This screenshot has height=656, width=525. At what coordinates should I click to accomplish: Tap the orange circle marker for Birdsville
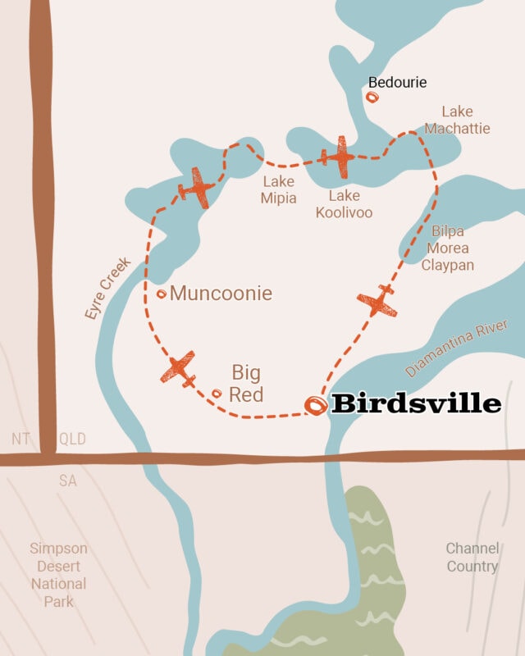(315, 405)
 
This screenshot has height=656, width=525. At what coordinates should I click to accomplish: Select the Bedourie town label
(397, 82)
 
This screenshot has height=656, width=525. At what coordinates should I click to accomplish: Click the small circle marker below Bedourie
(372, 98)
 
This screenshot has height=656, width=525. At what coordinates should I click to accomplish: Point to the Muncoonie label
(221, 293)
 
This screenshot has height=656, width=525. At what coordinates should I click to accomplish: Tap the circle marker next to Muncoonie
(162, 294)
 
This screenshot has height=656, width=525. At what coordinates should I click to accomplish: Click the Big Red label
(247, 383)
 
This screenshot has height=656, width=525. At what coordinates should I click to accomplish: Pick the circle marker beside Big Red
(217, 394)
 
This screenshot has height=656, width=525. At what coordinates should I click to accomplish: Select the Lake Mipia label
(280, 189)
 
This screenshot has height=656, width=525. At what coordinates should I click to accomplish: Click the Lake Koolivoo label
(350, 204)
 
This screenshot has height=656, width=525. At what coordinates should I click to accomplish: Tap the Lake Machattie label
(457, 120)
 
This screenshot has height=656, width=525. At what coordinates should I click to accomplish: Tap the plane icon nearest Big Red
(179, 369)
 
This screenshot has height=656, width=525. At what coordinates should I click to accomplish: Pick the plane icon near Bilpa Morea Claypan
(377, 301)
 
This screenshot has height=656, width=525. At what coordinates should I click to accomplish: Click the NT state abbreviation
(21, 440)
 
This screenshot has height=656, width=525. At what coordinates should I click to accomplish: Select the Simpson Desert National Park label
(58, 575)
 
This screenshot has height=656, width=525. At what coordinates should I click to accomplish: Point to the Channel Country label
(472, 557)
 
